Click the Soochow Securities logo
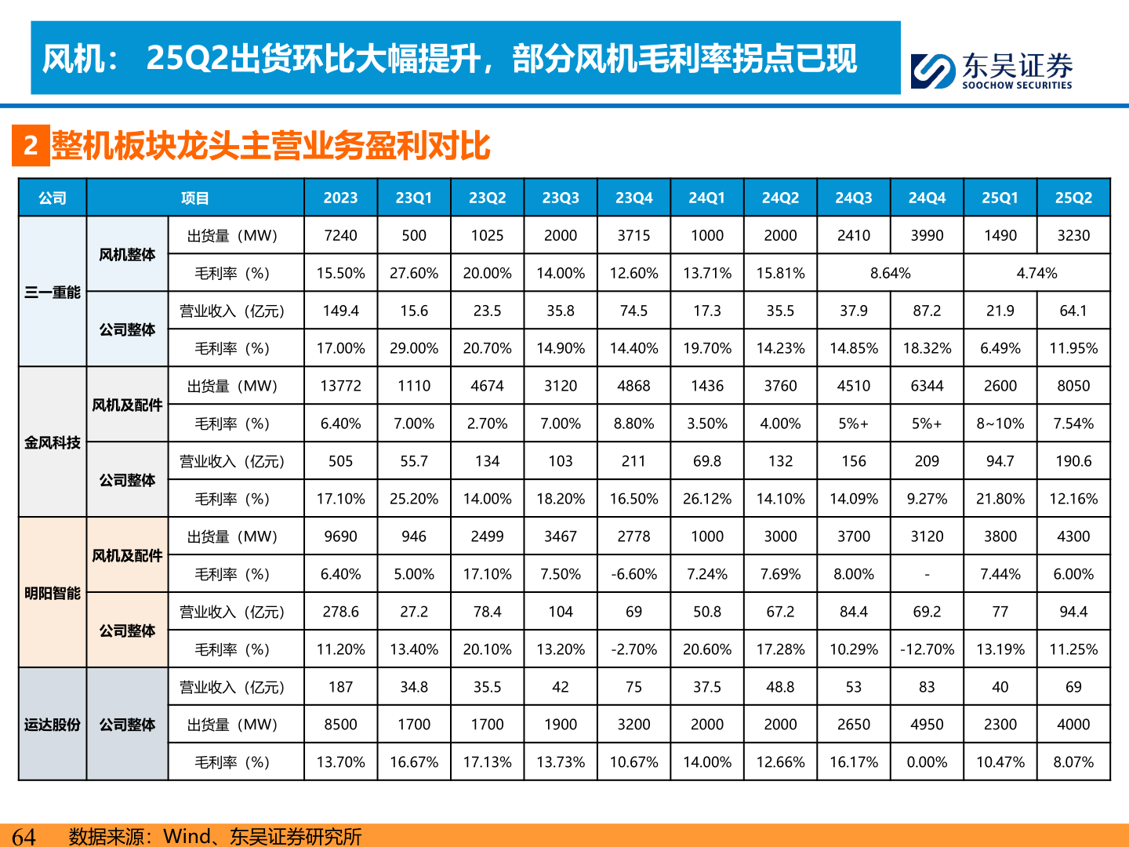click(991, 71)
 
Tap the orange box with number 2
click(31, 146)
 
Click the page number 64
click(24, 836)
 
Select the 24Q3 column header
click(853, 198)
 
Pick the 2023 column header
click(340, 198)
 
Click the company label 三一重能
click(53, 293)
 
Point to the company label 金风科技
click(53, 442)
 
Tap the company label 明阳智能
click(53, 593)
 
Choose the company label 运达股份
click(53, 725)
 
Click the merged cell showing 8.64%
click(890, 273)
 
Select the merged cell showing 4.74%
click(1036, 273)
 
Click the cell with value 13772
click(340, 386)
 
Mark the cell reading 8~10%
click(1000, 423)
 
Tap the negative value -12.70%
click(927, 649)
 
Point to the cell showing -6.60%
click(633, 574)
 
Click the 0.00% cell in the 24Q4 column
click(927, 762)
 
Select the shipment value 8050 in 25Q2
click(1073, 386)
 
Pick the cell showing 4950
click(927, 725)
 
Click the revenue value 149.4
click(340, 311)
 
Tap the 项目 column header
click(195, 198)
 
